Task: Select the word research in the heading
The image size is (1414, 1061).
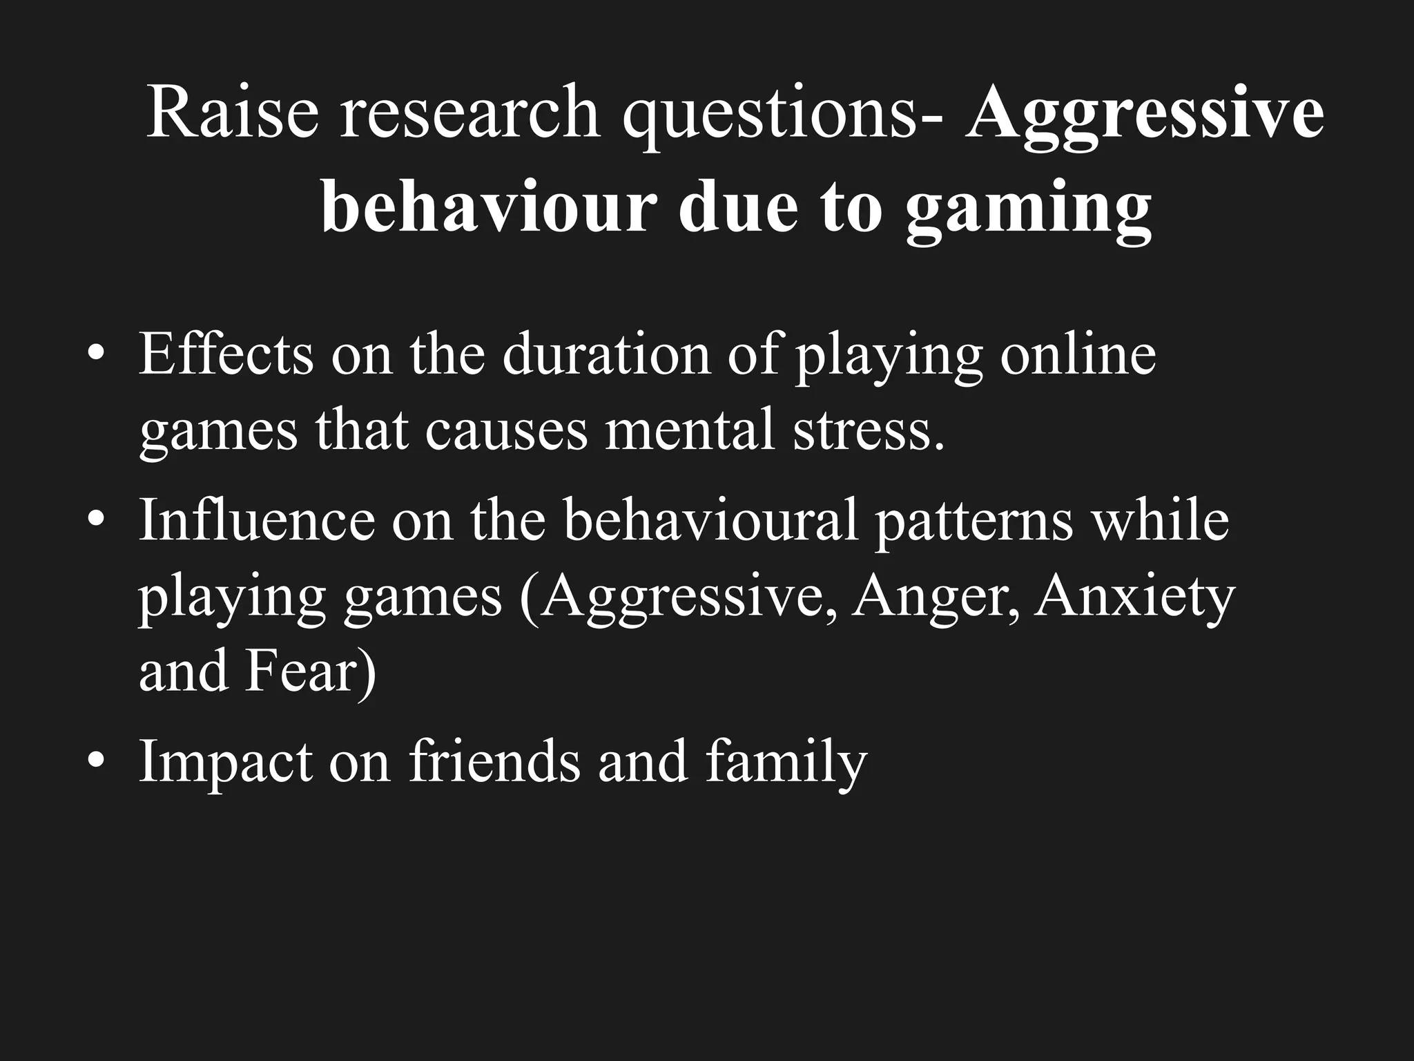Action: point(469,112)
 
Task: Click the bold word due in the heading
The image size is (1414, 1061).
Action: point(732,204)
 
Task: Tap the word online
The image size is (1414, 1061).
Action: point(1078,354)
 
